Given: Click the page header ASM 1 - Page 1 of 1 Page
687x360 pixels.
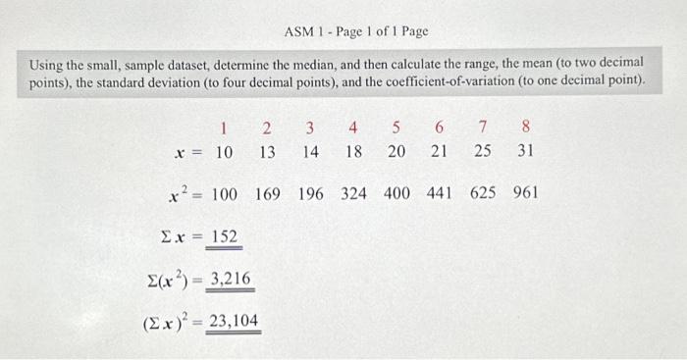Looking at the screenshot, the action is (356, 31).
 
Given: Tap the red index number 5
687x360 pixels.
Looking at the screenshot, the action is (396, 127).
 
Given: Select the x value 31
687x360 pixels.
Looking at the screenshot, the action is (525, 152).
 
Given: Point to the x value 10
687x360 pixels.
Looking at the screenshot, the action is (224, 152).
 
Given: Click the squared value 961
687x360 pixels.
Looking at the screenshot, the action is (525, 193).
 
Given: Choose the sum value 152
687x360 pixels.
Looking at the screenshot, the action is (222, 236).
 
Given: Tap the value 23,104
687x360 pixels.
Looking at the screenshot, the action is (233, 320).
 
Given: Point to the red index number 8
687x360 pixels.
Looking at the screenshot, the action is (526, 127).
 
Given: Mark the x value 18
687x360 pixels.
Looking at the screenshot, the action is (353, 152).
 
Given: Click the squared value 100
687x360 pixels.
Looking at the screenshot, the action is (224, 193).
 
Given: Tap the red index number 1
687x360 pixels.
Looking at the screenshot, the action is (224, 127).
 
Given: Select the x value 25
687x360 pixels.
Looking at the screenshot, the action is (482, 152).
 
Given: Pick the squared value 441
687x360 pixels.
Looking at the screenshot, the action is (439, 193).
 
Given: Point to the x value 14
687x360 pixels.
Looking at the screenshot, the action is (310, 152).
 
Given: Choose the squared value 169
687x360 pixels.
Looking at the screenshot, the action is (268, 193).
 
